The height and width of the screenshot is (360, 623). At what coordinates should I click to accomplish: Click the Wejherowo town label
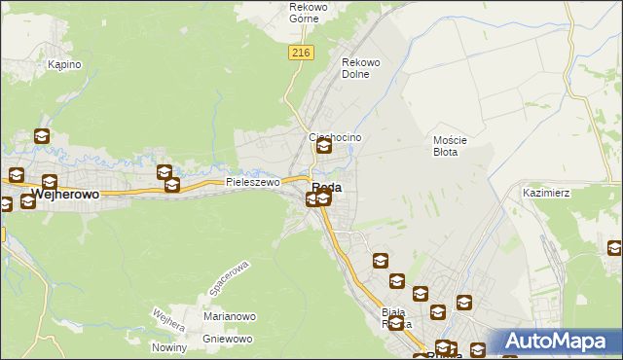pos(66,195)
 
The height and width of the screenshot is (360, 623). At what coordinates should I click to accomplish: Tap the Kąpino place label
pos(64,64)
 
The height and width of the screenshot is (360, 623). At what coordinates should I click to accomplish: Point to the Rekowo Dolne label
pos(360,68)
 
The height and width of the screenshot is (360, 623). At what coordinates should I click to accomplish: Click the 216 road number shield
pos(300,54)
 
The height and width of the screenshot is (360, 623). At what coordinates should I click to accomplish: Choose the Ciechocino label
pos(335,137)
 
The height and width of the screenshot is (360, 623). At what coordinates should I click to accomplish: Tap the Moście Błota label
pos(451,146)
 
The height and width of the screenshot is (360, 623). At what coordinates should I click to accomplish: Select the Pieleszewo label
pos(253,182)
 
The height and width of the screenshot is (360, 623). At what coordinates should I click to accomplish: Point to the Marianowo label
pos(229,316)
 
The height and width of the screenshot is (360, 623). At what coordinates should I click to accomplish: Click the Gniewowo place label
pos(228,339)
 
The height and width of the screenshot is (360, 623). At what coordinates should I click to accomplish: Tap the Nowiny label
pos(169,347)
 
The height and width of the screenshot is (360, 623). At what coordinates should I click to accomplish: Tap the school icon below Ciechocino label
pos(324,147)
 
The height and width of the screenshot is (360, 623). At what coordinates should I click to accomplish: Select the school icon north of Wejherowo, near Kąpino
pos(42,137)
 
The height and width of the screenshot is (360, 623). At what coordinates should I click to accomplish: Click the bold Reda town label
pos(327,186)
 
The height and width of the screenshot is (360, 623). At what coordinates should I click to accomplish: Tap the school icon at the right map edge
pos(614,249)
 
